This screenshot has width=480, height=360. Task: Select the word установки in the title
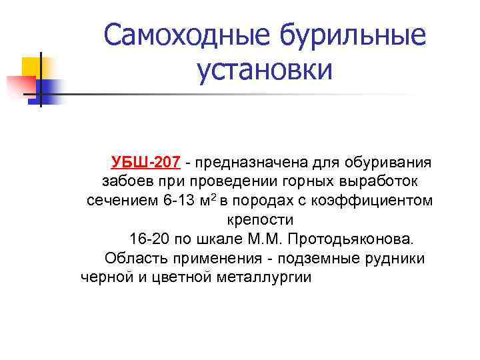[264, 69]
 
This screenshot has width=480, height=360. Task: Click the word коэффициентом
[377, 201]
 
